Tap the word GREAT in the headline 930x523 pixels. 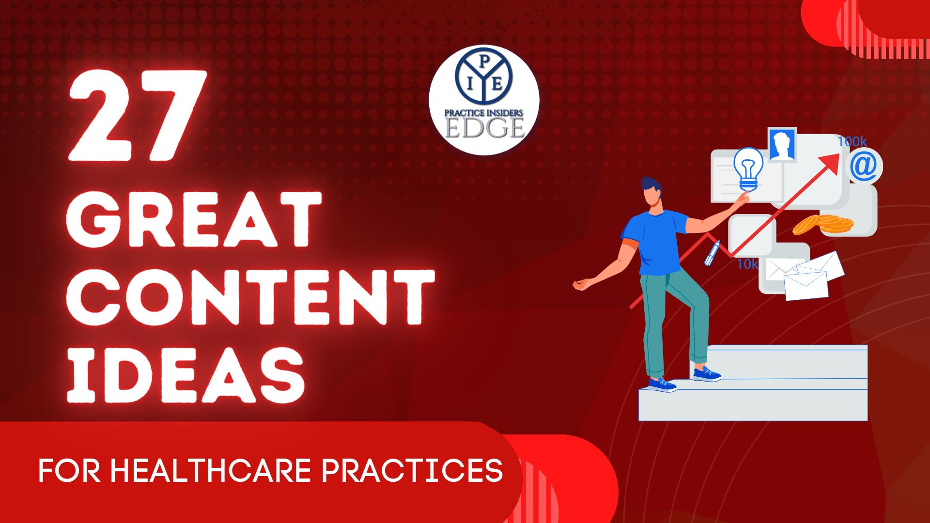[x=194, y=219]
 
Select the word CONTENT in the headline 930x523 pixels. [x=251, y=296]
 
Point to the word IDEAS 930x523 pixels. [x=186, y=374]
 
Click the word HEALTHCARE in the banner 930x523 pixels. [x=211, y=471]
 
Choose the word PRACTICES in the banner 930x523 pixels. [x=412, y=471]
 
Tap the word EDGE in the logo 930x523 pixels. [x=484, y=127]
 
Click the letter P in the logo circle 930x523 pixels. [x=483, y=61]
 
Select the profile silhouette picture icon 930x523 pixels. [x=782, y=144]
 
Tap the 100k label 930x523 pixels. [x=852, y=141]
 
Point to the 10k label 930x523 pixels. [x=747, y=264]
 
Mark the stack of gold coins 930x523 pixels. [x=823, y=224]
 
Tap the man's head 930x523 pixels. [x=651, y=192]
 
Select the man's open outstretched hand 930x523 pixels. [x=582, y=284]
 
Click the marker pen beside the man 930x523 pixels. [x=712, y=253]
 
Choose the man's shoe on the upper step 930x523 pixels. [x=707, y=374]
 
